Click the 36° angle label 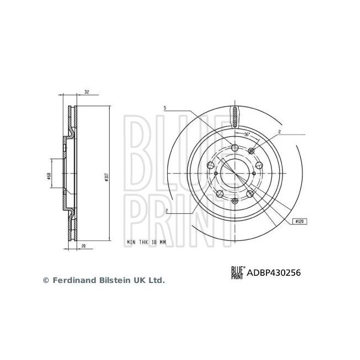(x=247, y=135)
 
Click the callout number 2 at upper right (x=280, y=132)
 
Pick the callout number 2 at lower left (x=167, y=210)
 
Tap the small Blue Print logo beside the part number (x=237, y=272)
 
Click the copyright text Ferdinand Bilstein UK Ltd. (x=104, y=281)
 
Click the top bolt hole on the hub (x=235, y=147)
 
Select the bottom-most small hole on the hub (x=235, y=200)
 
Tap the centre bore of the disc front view (x=235, y=174)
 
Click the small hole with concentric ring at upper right (x=251, y=151)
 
